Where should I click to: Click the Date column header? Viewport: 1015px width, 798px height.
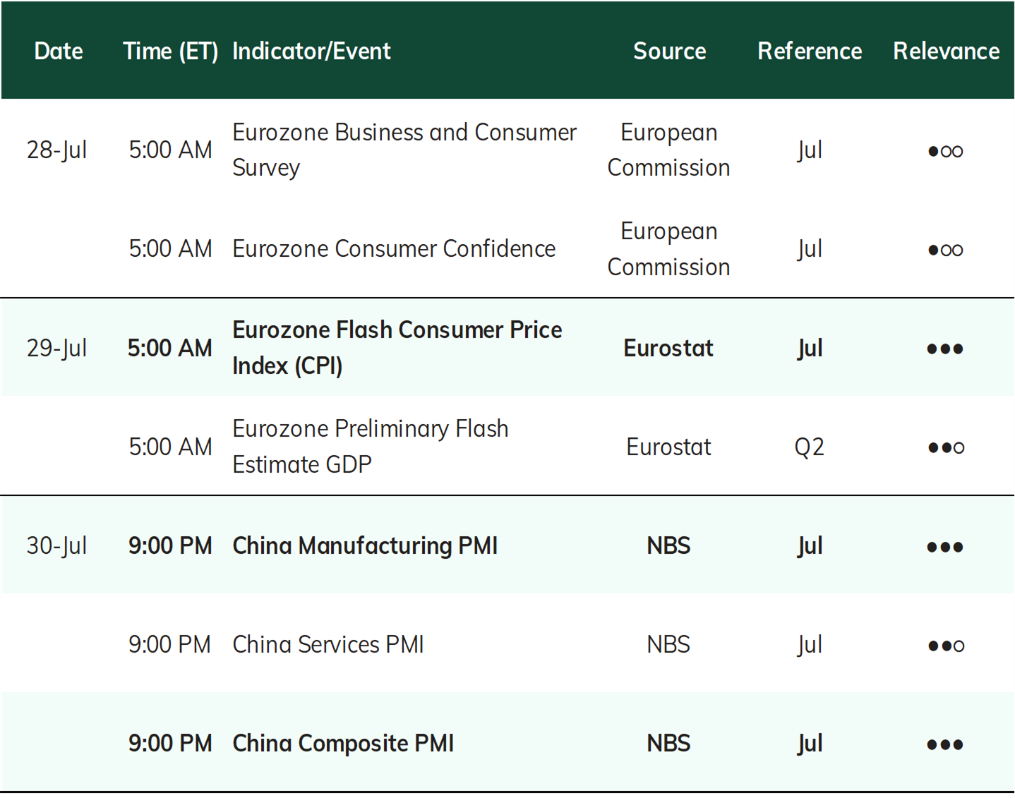[59, 51]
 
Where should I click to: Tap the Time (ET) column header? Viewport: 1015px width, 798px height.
[170, 52]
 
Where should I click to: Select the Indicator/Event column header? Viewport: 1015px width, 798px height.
[311, 51]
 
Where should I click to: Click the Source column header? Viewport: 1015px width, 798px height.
[669, 51]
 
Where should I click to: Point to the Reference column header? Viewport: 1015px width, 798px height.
[810, 51]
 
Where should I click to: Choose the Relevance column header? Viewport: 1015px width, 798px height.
[946, 51]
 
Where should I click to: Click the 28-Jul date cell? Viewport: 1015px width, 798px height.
[56, 150]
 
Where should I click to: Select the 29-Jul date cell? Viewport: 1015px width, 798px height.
[56, 348]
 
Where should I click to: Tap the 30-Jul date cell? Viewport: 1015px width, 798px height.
[56, 545]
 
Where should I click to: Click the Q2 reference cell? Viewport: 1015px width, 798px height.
[810, 447]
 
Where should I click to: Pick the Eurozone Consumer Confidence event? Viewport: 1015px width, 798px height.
[394, 248]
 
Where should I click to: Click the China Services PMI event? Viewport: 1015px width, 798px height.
[328, 644]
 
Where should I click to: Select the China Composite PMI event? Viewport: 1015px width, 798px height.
[343, 743]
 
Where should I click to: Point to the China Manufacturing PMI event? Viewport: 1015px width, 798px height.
[365, 545]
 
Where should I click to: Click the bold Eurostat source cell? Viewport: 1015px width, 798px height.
[668, 348]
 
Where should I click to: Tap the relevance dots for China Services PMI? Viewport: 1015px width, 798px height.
[946, 645]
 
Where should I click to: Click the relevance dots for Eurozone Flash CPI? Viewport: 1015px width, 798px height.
[944, 349]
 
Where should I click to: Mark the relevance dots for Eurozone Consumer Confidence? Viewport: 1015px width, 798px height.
[945, 250]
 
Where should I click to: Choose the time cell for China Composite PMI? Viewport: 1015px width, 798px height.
[170, 743]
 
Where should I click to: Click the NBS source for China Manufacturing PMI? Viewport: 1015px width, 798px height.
[668, 545]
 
